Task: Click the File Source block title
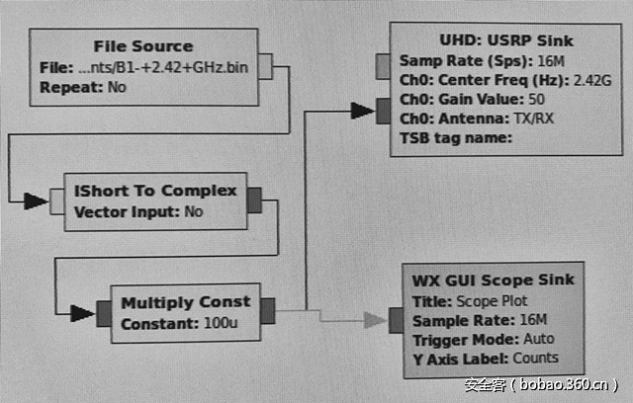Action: click(x=143, y=46)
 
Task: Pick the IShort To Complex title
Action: click(x=155, y=191)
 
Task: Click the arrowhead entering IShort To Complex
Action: click(x=37, y=201)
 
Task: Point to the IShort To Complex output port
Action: click(x=254, y=201)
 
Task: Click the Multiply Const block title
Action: click(x=185, y=301)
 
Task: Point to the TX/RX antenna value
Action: click(x=535, y=119)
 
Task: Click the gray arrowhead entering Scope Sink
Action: click(x=374, y=319)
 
